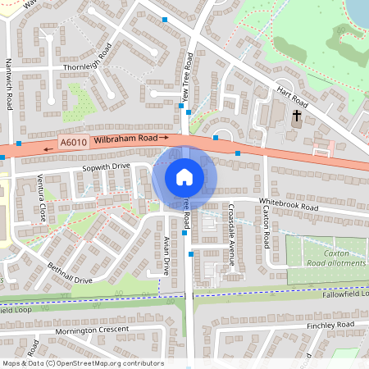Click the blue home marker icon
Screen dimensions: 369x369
click(184, 177)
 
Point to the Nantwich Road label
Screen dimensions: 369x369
click(10, 90)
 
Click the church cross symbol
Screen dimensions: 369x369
click(297, 116)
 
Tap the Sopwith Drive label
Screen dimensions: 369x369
click(105, 167)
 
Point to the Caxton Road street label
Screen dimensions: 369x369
click(266, 227)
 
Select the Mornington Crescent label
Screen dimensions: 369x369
click(93, 330)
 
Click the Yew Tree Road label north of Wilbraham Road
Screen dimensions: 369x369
click(187, 81)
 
